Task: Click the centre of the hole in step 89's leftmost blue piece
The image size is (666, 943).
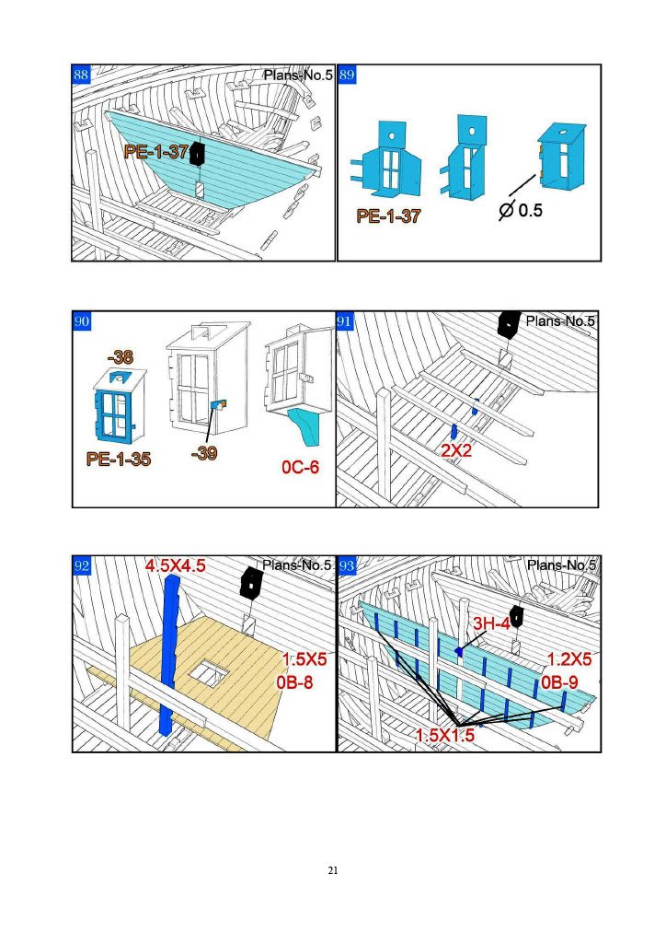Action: (x=392, y=136)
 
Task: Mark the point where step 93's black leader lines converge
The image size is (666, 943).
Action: (x=457, y=724)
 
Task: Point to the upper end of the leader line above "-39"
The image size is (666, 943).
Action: (x=212, y=410)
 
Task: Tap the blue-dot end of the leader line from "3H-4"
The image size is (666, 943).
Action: (x=459, y=651)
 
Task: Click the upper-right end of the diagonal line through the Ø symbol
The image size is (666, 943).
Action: (x=535, y=176)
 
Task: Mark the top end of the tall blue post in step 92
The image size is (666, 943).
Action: (x=172, y=576)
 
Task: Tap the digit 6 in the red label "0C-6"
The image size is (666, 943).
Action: (x=314, y=467)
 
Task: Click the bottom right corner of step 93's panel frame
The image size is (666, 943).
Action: (x=601, y=751)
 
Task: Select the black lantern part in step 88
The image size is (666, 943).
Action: (x=198, y=155)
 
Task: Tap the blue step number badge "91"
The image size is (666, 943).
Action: (x=344, y=321)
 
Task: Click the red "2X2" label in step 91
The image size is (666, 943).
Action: (x=456, y=450)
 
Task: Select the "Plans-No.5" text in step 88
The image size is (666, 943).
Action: (x=298, y=76)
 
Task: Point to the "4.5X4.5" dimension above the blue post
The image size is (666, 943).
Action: (x=176, y=566)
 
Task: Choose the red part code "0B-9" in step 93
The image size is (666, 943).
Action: (x=559, y=682)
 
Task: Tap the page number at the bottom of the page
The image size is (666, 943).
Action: (x=333, y=870)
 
